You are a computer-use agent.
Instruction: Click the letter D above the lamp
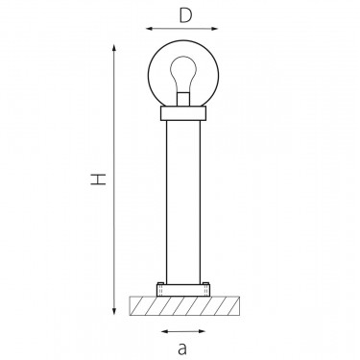(185, 15)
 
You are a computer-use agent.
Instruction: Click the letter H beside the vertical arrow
(98, 180)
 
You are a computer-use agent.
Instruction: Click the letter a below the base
(182, 348)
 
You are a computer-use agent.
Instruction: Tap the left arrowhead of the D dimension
(150, 29)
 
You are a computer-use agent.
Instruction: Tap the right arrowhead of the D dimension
(214, 29)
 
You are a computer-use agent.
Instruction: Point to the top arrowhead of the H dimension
(114, 49)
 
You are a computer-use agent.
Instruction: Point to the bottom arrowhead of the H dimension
(114, 310)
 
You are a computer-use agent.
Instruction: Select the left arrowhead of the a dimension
(165, 331)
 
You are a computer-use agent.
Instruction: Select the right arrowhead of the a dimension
(202, 331)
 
